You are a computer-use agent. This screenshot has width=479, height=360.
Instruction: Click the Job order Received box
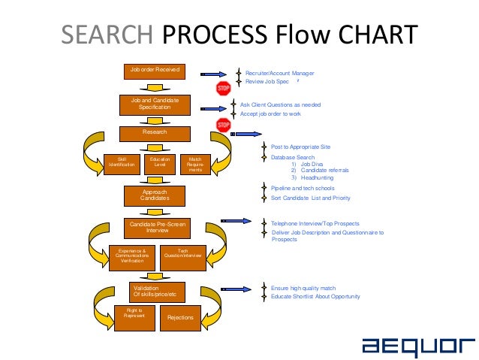pyautogui.click(x=155, y=71)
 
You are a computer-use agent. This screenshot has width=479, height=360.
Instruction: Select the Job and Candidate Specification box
pyautogui.click(x=155, y=104)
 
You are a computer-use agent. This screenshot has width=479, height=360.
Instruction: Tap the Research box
pyautogui.click(x=155, y=132)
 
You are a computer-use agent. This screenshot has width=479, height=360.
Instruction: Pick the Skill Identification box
pyautogui.click(x=121, y=163)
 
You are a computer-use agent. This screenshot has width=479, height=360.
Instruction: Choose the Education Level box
pyautogui.click(x=159, y=163)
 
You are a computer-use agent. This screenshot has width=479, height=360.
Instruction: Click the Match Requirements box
pyautogui.click(x=195, y=165)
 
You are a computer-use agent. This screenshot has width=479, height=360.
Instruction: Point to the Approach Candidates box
pyautogui.click(x=155, y=195)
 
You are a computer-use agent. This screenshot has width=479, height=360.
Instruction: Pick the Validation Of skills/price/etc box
pyautogui.click(x=154, y=290)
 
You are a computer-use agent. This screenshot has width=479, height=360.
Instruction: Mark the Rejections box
pyautogui.click(x=181, y=317)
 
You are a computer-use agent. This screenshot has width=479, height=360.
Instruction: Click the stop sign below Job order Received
pyautogui.click(x=223, y=89)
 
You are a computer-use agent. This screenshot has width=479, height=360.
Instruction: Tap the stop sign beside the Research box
pyautogui.click(x=223, y=125)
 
